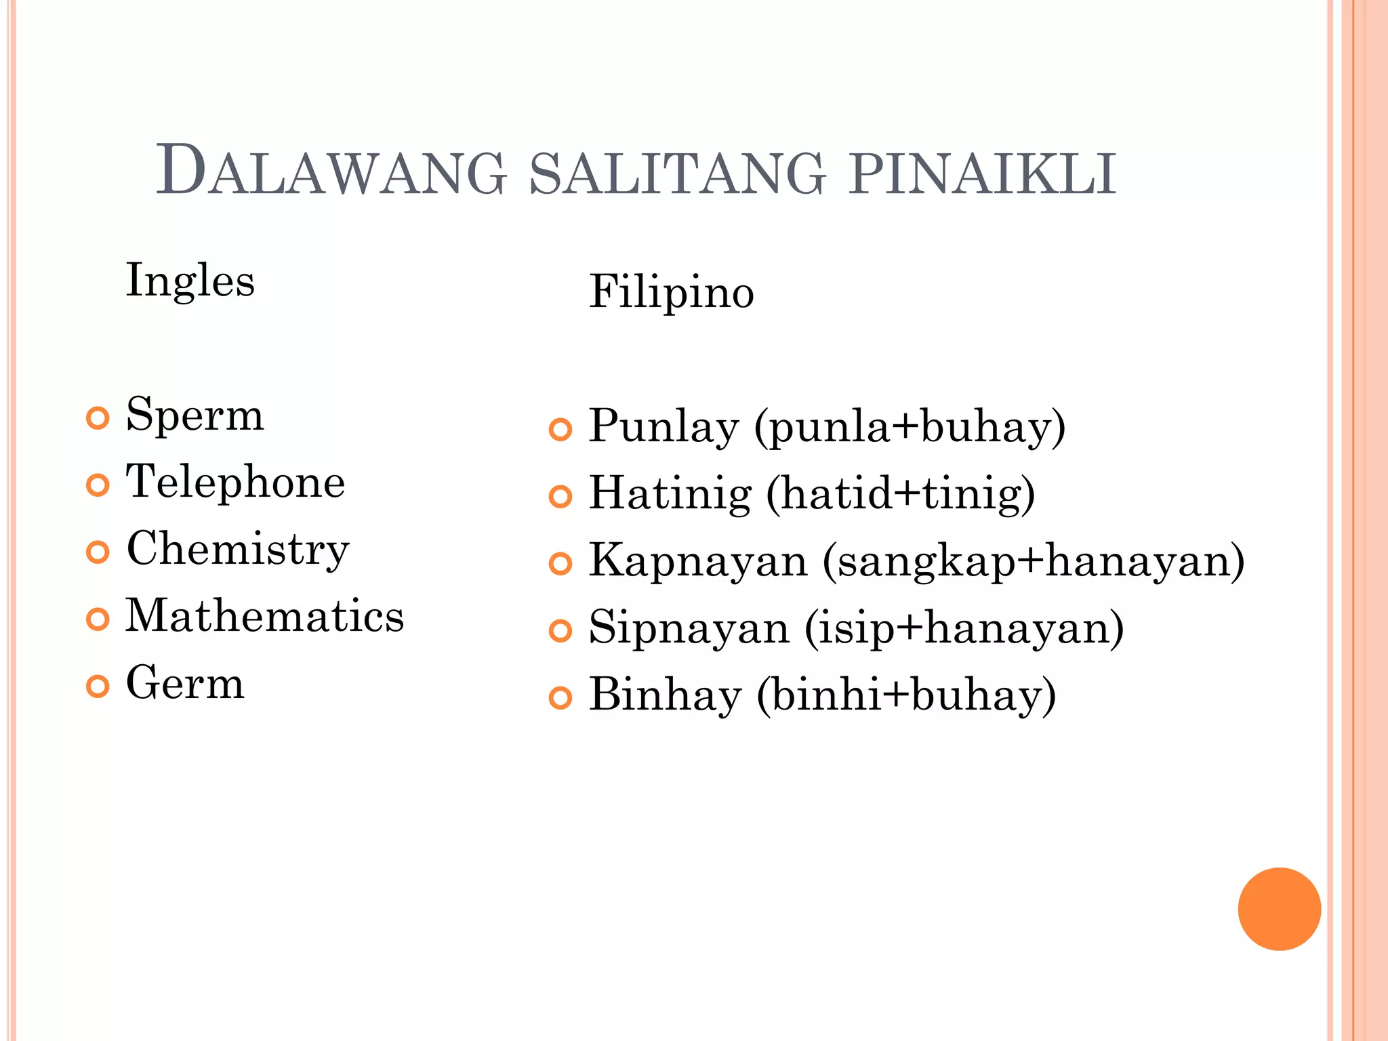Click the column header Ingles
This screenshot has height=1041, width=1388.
[190, 281]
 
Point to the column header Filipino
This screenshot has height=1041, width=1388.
[671, 292]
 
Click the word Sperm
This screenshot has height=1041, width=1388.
[195, 415]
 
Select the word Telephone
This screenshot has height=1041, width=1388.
[235, 481]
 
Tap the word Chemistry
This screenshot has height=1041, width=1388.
[237, 549]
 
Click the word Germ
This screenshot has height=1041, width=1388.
[185, 682]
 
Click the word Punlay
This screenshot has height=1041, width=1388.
[664, 427]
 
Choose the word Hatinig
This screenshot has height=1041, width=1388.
[670, 493]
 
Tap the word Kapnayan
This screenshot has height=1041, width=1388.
[698, 561]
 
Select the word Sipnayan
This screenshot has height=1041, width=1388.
[689, 628]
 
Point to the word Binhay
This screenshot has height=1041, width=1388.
[665, 695]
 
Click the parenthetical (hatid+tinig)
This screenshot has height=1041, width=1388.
[901, 493]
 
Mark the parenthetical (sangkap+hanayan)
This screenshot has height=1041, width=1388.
[1034, 561]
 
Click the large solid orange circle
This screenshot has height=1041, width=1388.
[1279, 909]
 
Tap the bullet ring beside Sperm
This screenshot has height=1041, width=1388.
[98, 418]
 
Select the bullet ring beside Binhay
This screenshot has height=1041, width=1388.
[560, 697]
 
